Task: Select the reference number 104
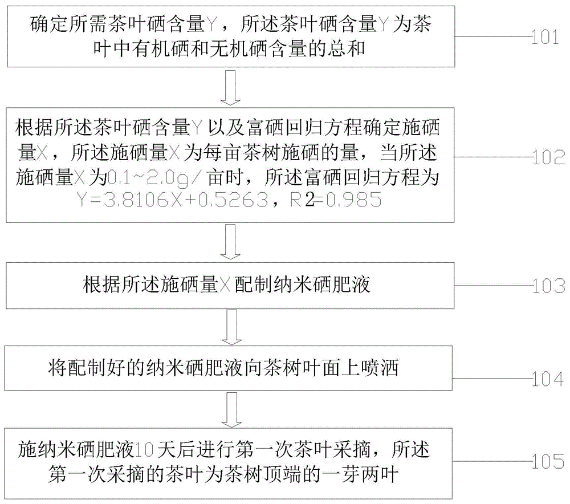pos(548,379)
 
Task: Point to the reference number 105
pos(548,461)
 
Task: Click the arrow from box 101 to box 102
pos(230,88)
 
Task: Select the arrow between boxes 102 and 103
pos(230,242)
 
